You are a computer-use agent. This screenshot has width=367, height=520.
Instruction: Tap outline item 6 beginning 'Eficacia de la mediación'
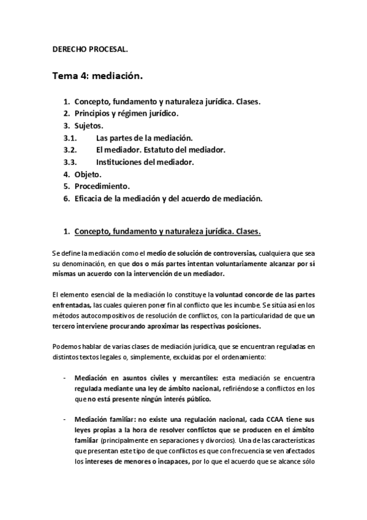pos(168,199)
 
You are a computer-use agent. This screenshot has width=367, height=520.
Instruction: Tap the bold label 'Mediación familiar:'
pos(106,419)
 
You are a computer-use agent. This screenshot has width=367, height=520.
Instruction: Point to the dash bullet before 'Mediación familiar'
pos(66,419)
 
